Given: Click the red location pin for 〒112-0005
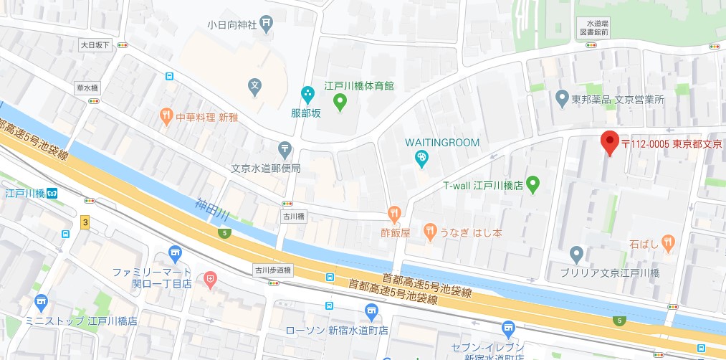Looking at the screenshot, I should click(x=608, y=143).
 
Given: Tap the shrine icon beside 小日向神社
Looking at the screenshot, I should click(x=267, y=24).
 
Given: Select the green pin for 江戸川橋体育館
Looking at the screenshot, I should click(x=341, y=105).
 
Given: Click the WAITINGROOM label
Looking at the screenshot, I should click(x=441, y=142).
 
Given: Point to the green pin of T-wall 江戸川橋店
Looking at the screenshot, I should click(x=532, y=186).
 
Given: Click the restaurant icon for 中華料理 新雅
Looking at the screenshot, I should click(x=166, y=115).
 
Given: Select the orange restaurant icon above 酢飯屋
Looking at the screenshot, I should click(x=394, y=213).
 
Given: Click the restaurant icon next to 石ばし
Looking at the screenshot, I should click(x=667, y=243).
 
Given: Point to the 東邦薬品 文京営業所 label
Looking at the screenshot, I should click(x=618, y=99).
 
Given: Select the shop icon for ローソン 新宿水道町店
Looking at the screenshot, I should click(x=371, y=311).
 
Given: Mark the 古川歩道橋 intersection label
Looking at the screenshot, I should click(x=273, y=270).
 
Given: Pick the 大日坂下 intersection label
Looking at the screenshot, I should click(x=95, y=45).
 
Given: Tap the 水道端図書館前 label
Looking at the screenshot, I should click(x=595, y=27).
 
